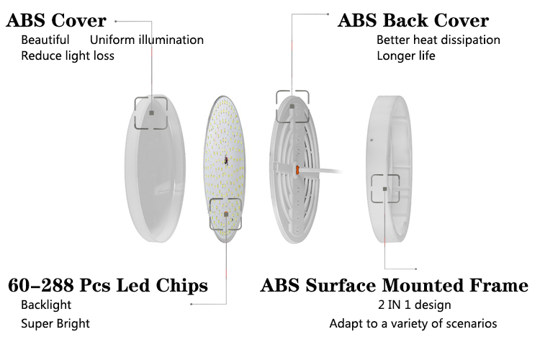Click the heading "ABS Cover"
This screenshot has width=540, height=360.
click(x=56, y=20)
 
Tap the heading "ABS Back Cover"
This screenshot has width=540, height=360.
click(x=413, y=20)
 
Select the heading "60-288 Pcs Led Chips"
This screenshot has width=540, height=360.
click(x=108, y=285)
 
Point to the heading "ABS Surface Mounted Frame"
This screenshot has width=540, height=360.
click(x=395, y=285)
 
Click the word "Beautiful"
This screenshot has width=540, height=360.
click(x=45, y=40)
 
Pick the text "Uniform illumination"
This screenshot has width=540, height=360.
click(x=147, y=40)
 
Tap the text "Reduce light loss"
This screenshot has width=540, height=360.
click(x=68, y=55)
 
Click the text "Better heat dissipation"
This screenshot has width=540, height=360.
click(x=438, y=40)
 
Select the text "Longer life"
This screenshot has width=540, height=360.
click(x=405, y=55)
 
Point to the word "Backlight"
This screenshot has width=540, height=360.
click(x=46, y=305)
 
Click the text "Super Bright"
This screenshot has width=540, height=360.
click(x=55, y=323)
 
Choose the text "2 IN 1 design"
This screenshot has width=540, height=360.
click(x=414, y=305)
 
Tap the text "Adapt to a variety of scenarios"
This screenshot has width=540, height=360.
click(x=413, y=323)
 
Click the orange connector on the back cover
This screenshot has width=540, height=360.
click(x=297, y=169)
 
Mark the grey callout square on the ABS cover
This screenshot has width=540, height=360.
click(x=151, y=112)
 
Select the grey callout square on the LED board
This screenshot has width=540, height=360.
click(x=226, y=215)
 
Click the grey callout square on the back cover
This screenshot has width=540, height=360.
click(x=292, y=107)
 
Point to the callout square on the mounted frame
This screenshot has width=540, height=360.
click(x=384, y=189)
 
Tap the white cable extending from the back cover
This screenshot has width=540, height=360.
click(x=322, y=171)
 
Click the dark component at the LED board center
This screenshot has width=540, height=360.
click(x=226, y=160)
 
